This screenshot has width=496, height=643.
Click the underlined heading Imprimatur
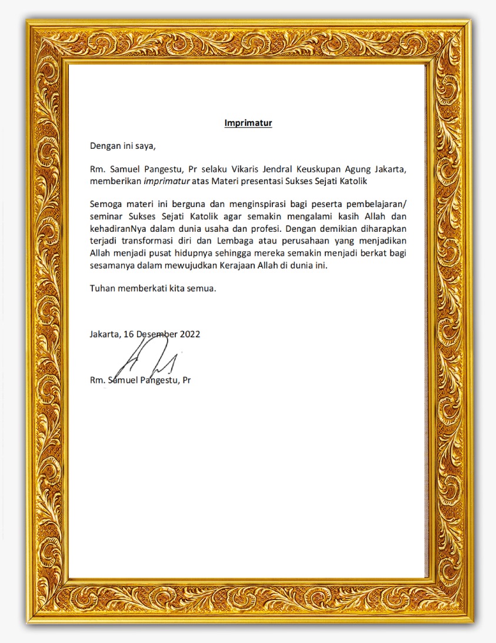click(248, 123)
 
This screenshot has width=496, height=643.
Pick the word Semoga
click(105, 204)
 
